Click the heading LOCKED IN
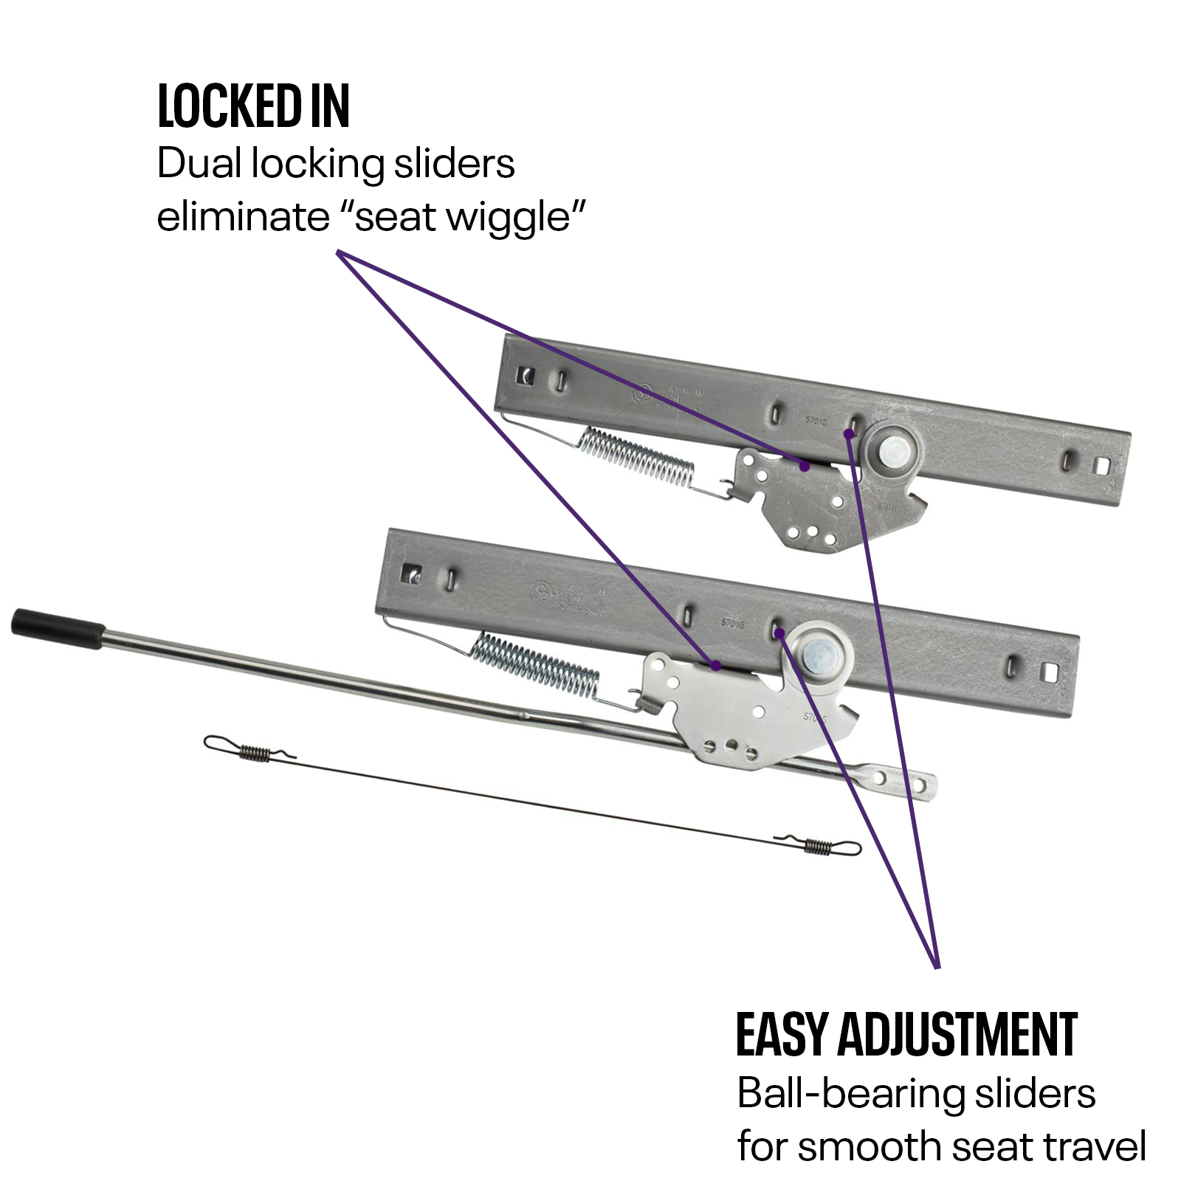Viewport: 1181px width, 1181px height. (253, 106)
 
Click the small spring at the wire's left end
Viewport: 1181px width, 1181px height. (254, 752)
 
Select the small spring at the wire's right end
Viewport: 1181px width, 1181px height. (819, 846)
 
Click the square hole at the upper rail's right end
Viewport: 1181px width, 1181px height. (1102, 466)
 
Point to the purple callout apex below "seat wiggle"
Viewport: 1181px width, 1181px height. (339, 253)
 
